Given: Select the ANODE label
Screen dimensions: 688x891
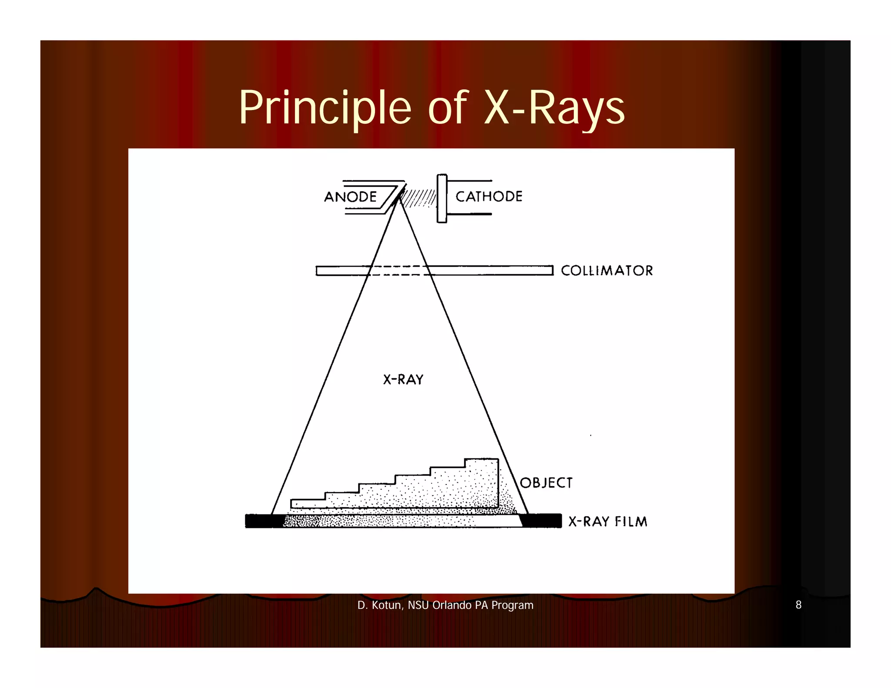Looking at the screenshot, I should pyautogui.click(x=350, y=197).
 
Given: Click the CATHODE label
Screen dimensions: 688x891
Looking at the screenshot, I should pyautogui.click(x=489, y=197).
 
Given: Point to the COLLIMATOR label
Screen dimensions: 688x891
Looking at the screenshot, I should pyautogui.click(x=606, y=271).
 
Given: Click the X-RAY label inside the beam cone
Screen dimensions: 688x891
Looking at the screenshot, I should pyautogui.click(x=403, y=380).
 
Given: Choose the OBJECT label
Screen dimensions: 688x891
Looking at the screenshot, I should pyautogui.click(x=546, y=483).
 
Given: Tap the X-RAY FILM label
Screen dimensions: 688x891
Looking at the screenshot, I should pyautogui.click(x=608, y=521).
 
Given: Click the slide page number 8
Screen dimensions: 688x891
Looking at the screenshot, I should pyautogui.click(x=798, y=605).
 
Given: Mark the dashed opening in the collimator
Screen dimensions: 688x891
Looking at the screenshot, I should pyautogui.click(x=399, y=271).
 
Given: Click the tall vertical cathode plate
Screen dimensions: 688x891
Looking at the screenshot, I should pyautogui.click(x=442, y=198).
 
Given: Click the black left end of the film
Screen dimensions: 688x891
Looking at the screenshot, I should pyautogui.click(x=258, y=521).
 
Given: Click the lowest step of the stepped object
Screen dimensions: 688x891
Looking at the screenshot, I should pyautogui.click(x=308, y=504).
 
